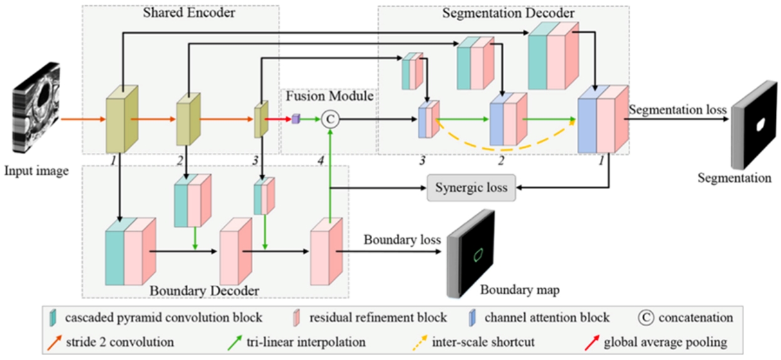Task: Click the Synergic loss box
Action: (x=471, y=188)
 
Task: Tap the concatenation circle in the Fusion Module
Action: (x=329, y=118)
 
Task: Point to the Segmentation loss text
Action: (x=678, y=110)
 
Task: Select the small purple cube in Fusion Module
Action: (x=296, y=118)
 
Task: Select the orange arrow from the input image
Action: (x=80, y=118)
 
